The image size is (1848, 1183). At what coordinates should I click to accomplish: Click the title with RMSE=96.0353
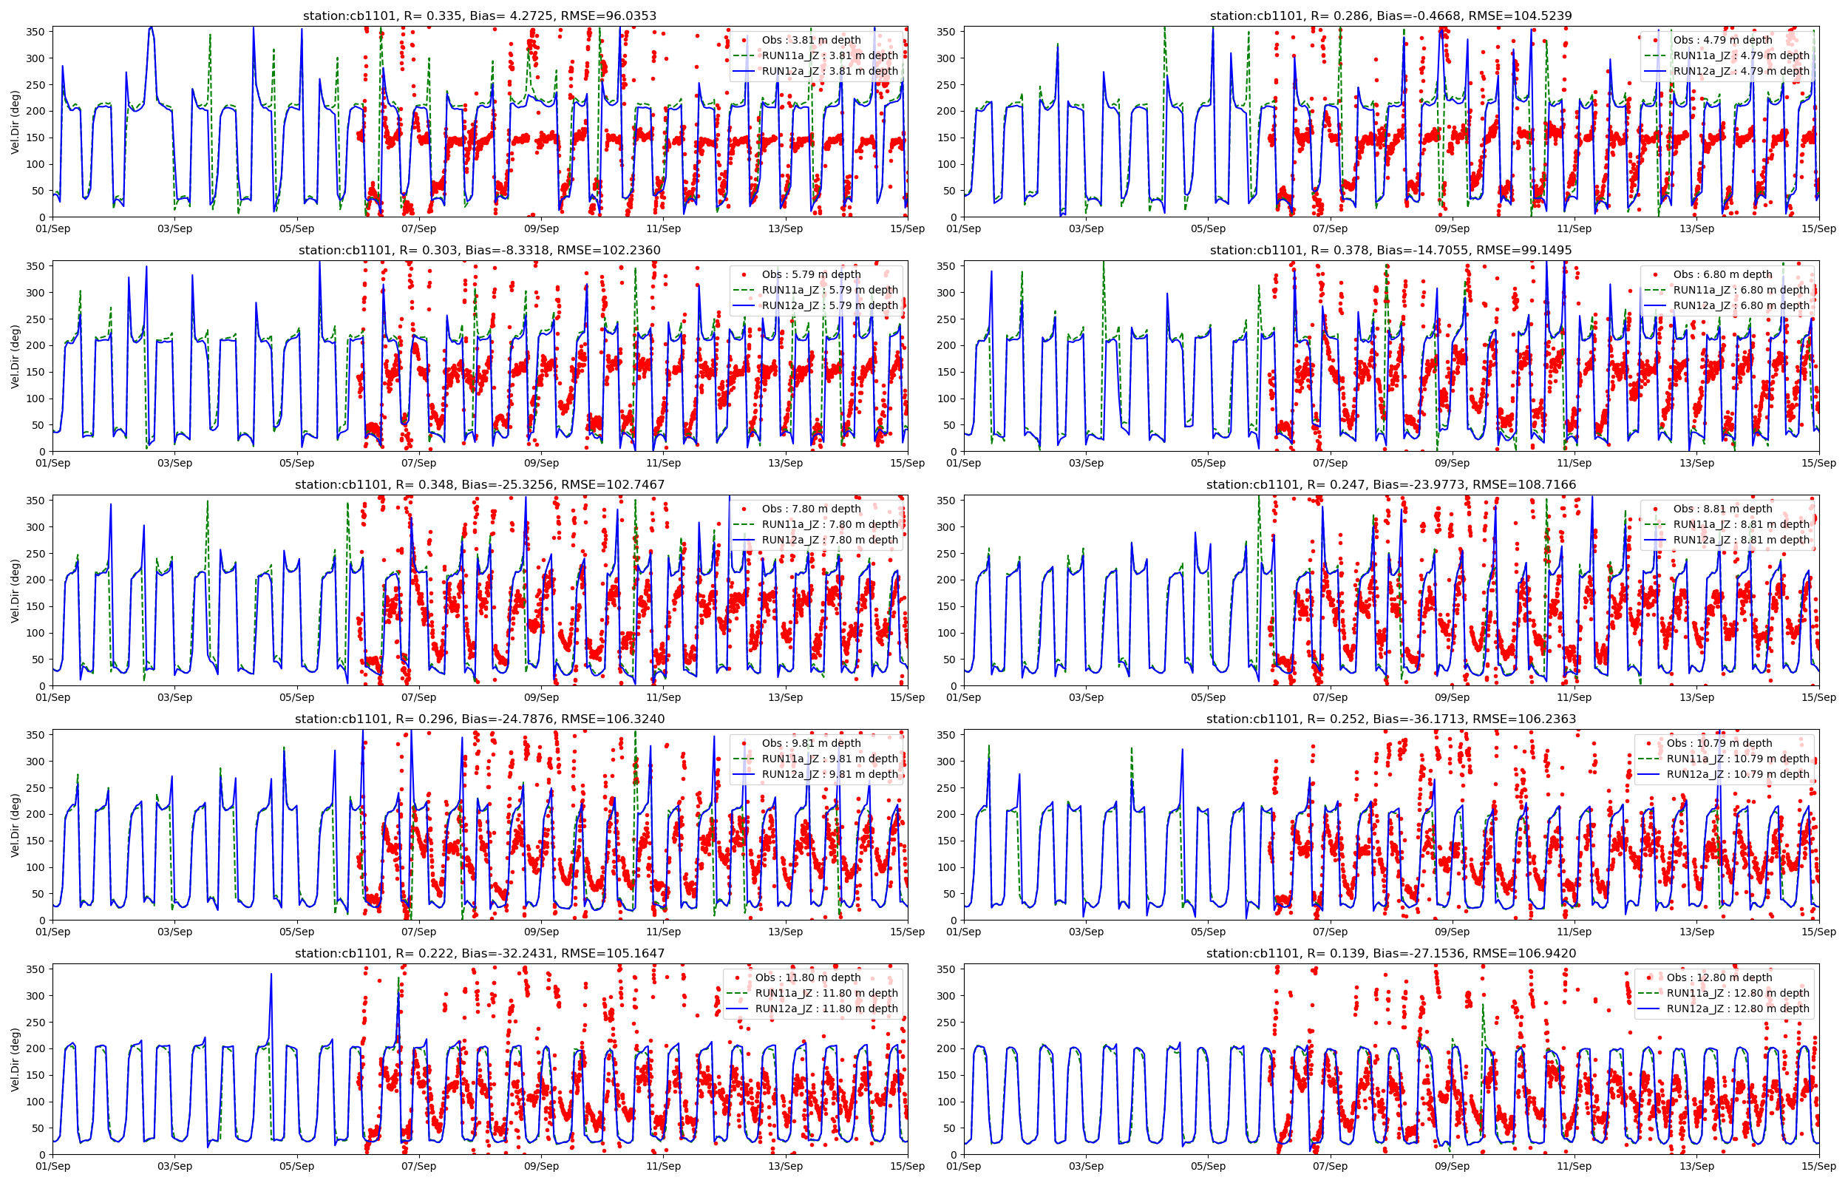[x=479, y=16]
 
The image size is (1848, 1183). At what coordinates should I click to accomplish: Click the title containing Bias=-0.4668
[x=1390, y=16]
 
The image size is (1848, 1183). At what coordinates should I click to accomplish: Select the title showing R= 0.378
[x=1390, y=251]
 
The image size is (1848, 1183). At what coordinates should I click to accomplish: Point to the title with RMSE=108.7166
[x=1390, y=485]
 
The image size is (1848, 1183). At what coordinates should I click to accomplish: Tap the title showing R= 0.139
[x=1390, y=953]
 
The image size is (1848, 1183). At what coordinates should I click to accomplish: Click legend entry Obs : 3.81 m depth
[x=811, y=40]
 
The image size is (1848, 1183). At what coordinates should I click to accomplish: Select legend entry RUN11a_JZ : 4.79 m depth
[x=1741, y=55]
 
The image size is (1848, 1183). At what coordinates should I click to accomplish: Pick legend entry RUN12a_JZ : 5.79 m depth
[x=829, y=306]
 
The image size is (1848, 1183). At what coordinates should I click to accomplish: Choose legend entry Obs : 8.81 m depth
[x=1722, y=509]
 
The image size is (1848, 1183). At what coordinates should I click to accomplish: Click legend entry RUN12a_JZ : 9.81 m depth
[x=829, y=774]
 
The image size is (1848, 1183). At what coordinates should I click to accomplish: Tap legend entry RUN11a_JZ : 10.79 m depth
[x=1737, y=759]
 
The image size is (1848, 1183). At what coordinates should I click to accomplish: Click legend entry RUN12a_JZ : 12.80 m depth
[x=1737, y=1009]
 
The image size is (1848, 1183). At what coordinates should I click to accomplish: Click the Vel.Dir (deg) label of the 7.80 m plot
[x=16, y=590]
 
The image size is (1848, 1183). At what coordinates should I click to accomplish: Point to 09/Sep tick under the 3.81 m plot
[x=541, y=229]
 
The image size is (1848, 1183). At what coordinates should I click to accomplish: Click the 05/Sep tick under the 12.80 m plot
[x=1208, y=1166]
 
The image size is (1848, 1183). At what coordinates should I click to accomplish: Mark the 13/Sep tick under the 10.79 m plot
[x=1696, y=932]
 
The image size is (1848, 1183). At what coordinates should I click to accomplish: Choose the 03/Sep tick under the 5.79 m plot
[x=175, y=463]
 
